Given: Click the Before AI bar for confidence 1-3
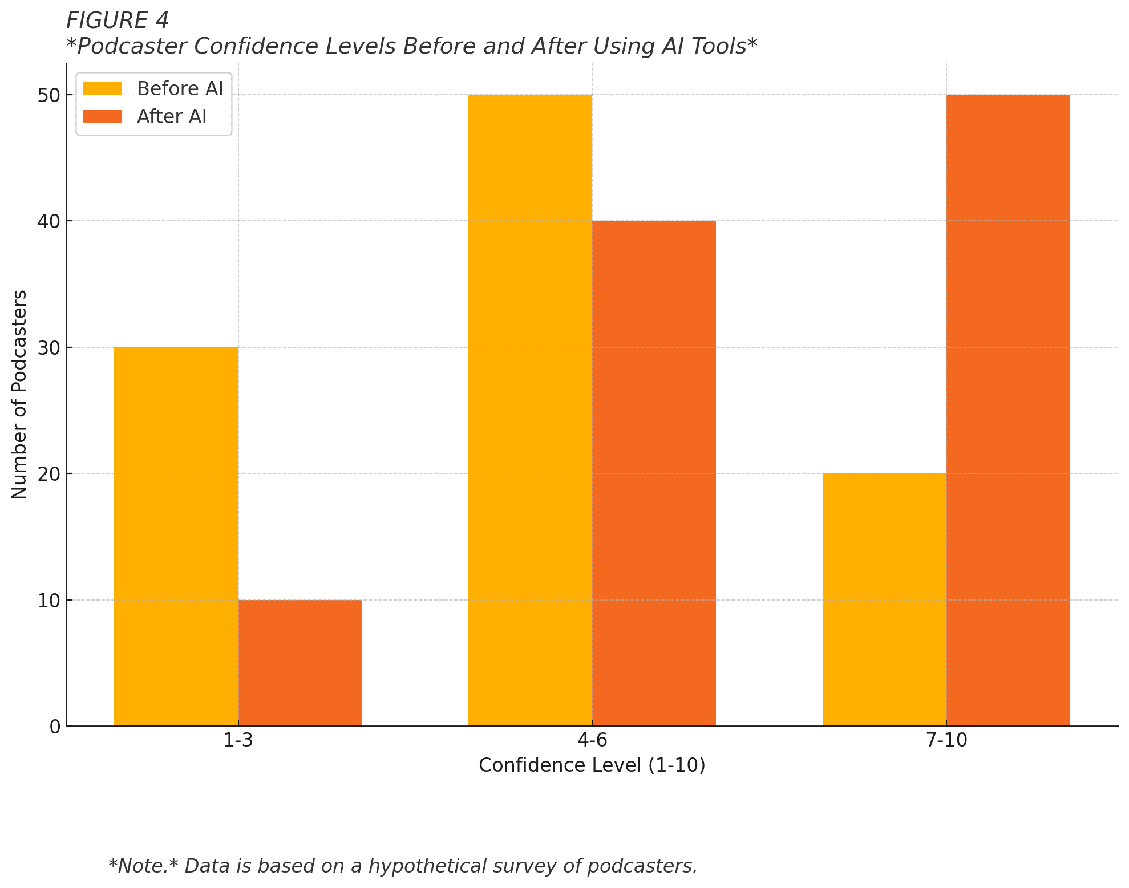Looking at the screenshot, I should click(176, 536).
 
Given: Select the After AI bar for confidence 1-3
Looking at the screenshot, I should click(300, 663).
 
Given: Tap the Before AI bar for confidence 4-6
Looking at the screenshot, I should click(530, 410).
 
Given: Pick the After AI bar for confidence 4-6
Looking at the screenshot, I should click(654, 473).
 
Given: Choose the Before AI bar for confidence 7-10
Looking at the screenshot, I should click(884, 599).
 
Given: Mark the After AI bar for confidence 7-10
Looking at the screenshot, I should click(1008, 410).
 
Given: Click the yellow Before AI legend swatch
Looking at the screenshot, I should click(102, 89).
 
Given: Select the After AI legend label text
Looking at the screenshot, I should click(172, 117).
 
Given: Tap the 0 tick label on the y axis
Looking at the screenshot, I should click(55, 727).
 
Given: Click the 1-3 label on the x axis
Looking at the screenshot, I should click(238, 741).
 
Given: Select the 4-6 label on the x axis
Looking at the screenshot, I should click(592, 741).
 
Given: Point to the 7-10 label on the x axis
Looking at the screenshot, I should click(946, 741).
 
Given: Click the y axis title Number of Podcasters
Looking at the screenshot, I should click(19, 395).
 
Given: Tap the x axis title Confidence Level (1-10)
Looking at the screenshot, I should click(592, 765).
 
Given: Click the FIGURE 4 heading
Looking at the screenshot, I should click(118, 21).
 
